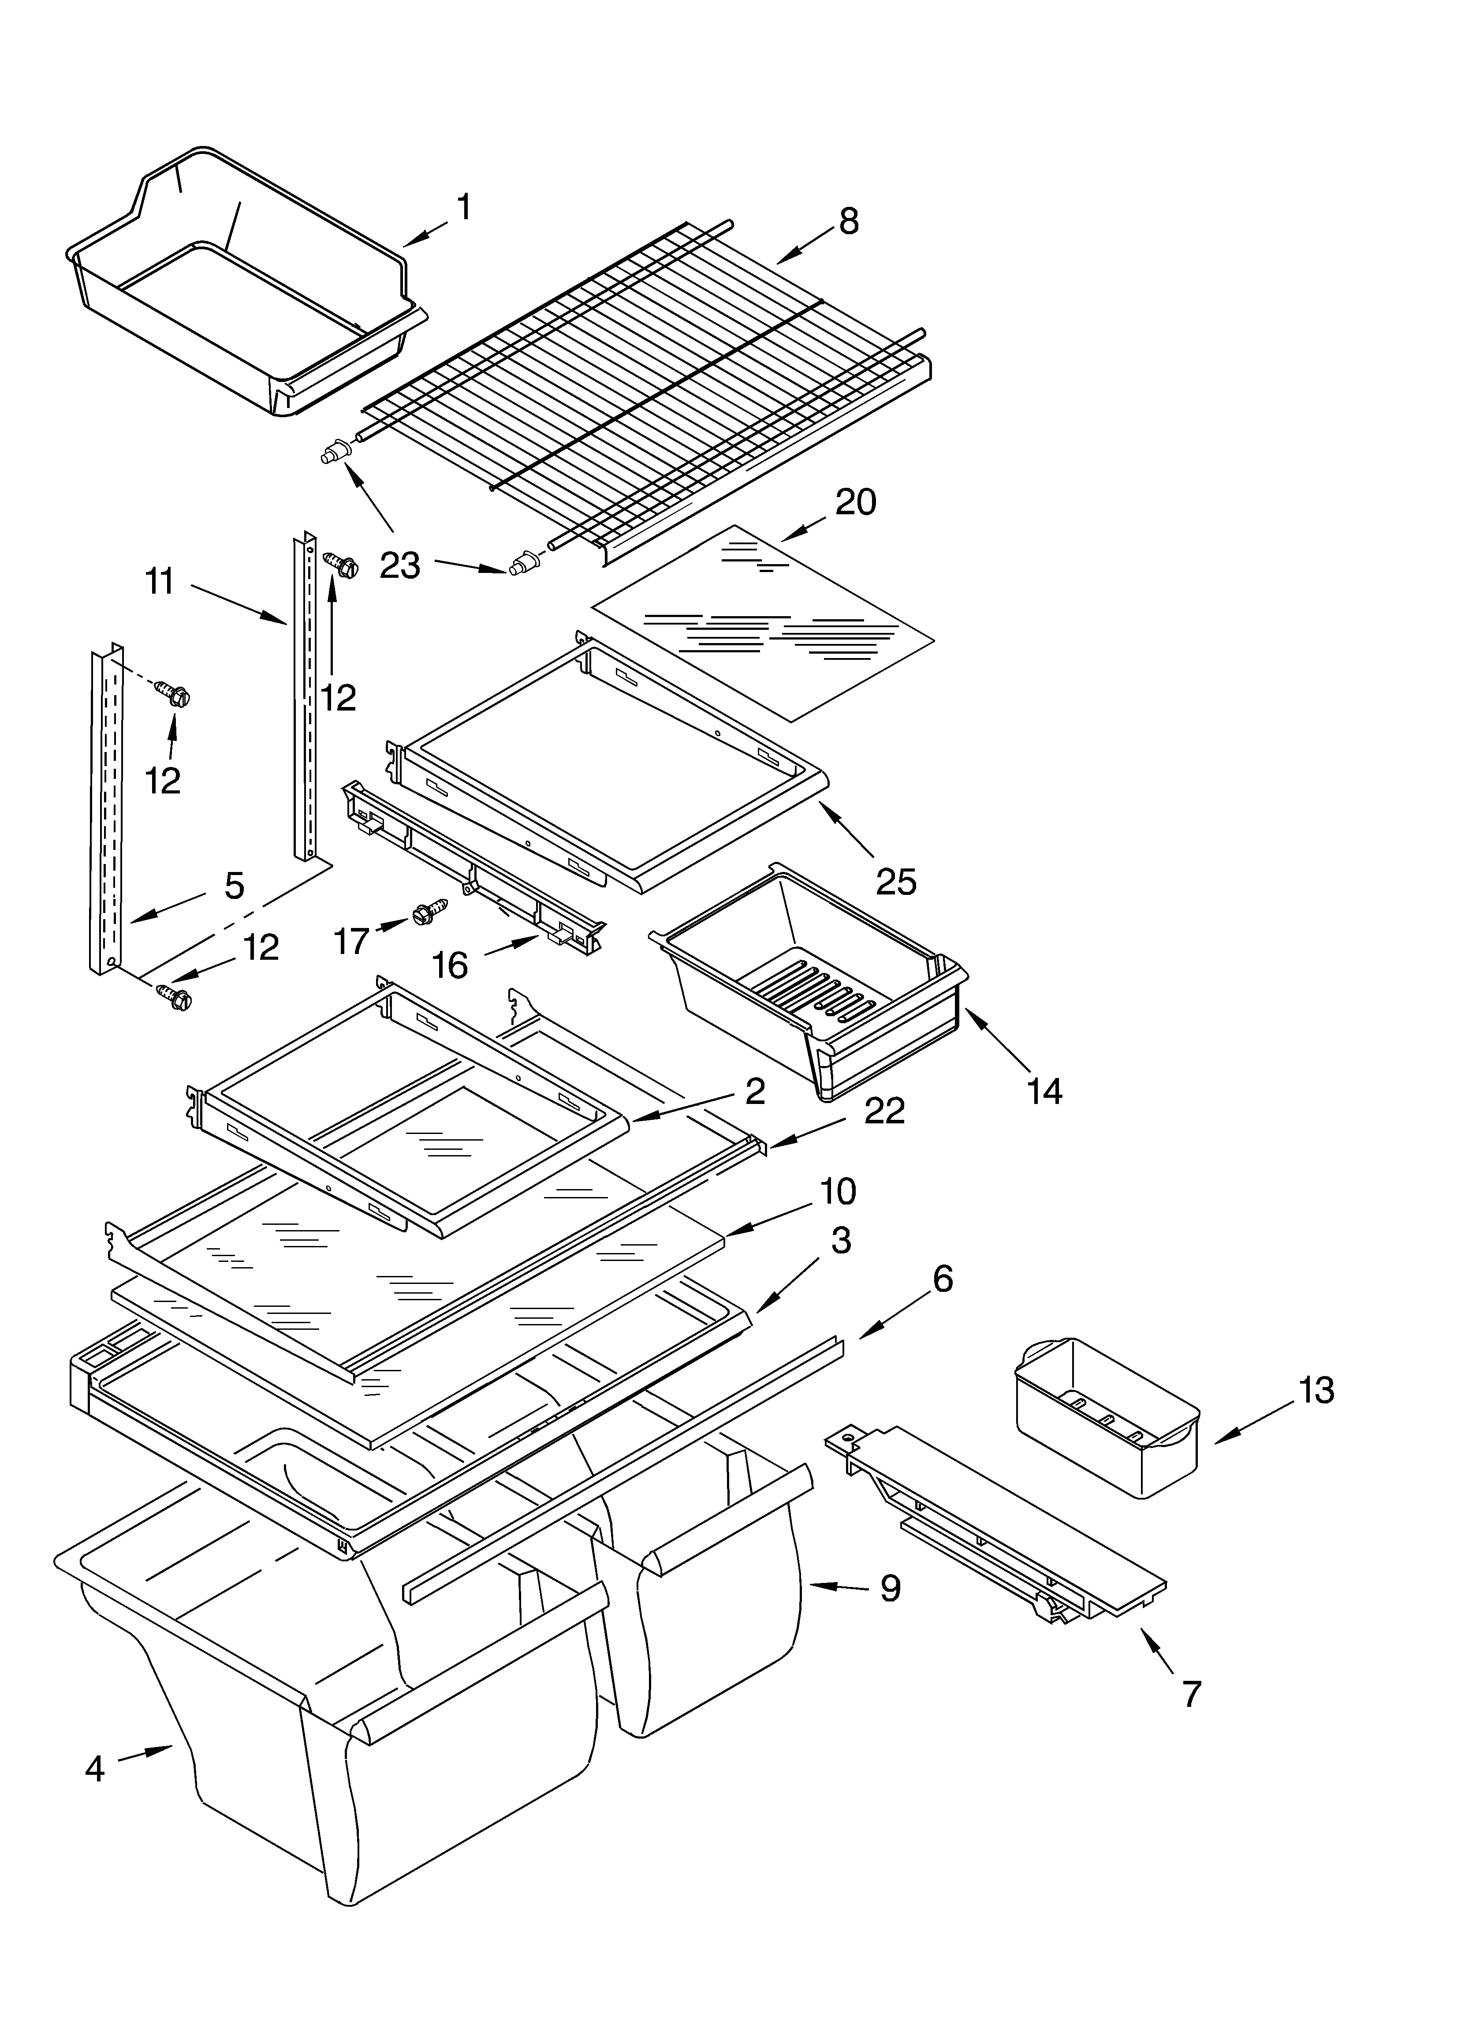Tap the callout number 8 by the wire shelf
849,221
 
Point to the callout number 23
400,565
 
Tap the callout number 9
890,1588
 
